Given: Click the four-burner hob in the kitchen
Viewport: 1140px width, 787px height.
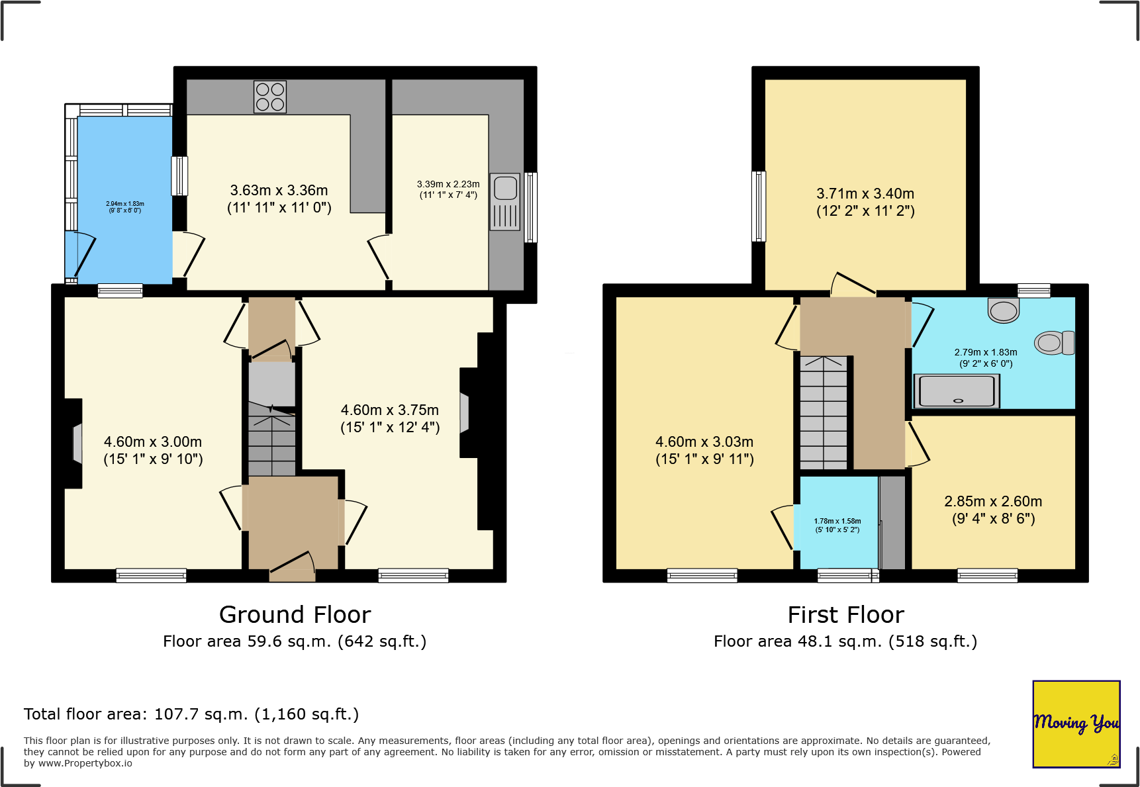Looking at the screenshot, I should pyautogui.click(x=270, y=97).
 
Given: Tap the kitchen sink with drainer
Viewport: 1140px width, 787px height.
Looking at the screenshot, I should pyautogui.click(x=505, y=202).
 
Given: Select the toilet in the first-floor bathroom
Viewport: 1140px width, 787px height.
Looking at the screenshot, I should pyautogui.click(x=1055, y=343).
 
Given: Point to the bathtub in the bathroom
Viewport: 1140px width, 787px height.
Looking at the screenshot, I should pyautogui.click(x=957, y=391).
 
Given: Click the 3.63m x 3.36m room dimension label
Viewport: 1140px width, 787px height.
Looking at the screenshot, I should pyautogui.click(x=279, y=199).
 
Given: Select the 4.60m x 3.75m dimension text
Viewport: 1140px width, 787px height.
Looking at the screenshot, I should pyautogui.click(x=390, y=418).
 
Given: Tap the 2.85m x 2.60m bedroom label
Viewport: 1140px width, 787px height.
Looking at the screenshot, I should pyautogui.click(x=993, y=510).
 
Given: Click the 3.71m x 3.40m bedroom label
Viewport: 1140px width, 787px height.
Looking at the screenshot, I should pyautogui.click(x=865, y=202).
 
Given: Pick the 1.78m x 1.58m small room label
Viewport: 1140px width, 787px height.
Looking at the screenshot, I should pyautogui.click(x=837, y=526).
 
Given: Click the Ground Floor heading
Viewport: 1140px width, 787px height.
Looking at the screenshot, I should pyautogui.click(x=295, y=615).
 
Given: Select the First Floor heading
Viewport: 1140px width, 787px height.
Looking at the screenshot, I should pyautogui.click(x=845, y=615).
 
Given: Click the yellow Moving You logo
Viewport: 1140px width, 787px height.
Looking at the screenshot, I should pyautogui.click(x=1076, y=723).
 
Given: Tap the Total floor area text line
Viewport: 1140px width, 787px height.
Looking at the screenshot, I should pyautogui.click(x=191, y=714).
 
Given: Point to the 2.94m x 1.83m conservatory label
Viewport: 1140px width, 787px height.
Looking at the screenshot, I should pyautogui.click(x=125, y=207).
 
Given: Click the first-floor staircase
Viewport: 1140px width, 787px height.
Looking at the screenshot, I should pyautogui.click(x=824, y=413).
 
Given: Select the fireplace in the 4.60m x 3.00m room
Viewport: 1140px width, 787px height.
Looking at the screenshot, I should pyautogui.click(x=75, y=443).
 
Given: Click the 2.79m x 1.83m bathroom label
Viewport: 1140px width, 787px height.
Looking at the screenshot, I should pyautogui.click(x=986, y=357).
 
